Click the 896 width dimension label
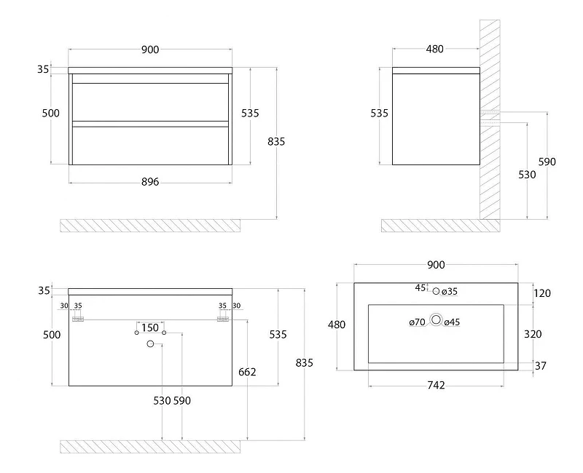pos(150,182)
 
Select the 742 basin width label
pos(436,386)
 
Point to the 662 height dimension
pos(247,372)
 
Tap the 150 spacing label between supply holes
pos(150,328)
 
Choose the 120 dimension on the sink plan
pos(542,293)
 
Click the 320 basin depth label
pos(533,334)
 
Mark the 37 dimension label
pos(541,366)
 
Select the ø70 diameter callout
pos(417,322)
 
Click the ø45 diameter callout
pos(452,322)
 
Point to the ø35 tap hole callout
pos(450,292)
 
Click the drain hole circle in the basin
pos(436,319)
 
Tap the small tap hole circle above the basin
pos(436,291)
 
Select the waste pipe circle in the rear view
pos(150,343)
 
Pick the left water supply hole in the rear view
pos(137,333)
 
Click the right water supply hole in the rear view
pos(164,333)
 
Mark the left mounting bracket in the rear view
pos(78,319)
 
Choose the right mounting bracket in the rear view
pos(223,319)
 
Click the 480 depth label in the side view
pos(434,49)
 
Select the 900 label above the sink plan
pos(436,265)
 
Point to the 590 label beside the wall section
pos(547,162)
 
